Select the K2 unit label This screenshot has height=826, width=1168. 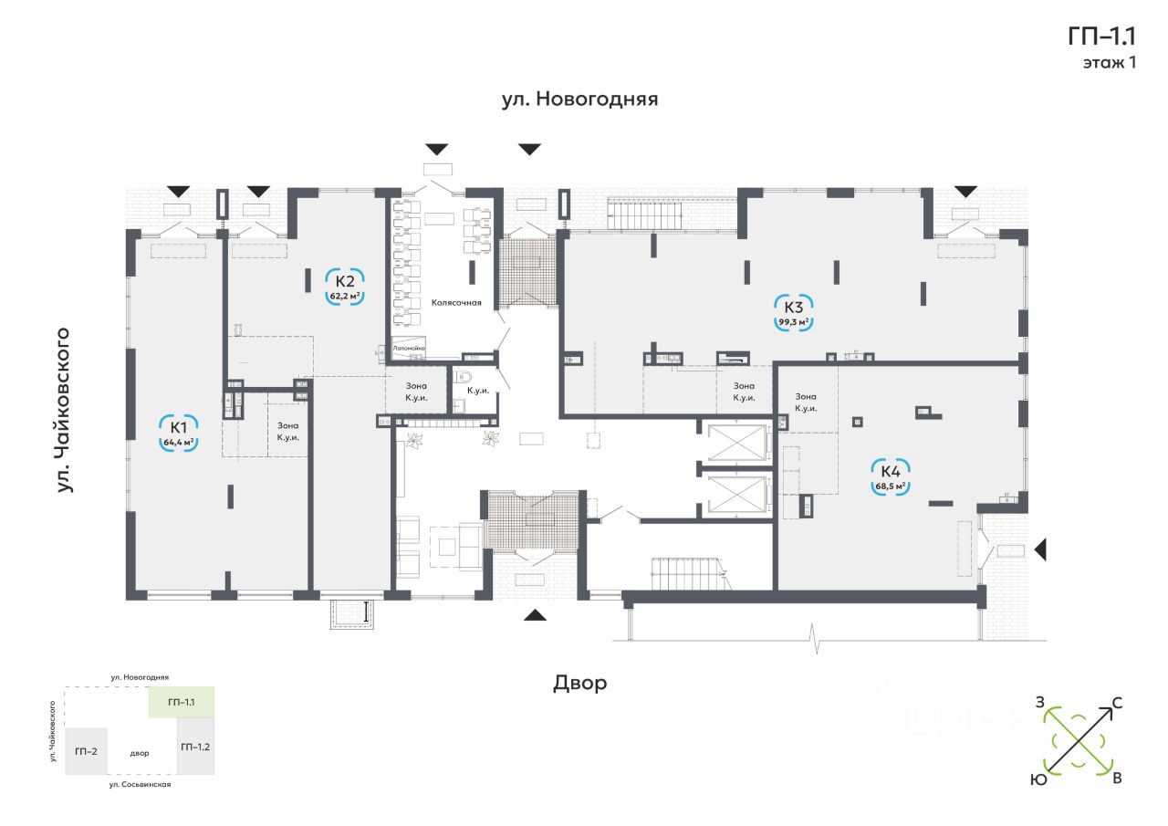345,280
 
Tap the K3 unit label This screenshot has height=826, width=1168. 793,306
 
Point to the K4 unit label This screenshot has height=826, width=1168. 891,471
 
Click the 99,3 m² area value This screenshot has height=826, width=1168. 793,322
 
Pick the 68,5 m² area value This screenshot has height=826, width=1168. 891,486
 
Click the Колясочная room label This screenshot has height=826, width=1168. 456,302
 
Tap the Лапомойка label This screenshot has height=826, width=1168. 410,349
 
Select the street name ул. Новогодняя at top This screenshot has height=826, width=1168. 579,99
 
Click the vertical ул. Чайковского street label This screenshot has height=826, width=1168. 64,409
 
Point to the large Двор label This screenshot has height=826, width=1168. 579,683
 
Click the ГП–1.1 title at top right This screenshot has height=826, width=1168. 1101,36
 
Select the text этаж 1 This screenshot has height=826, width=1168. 1109,63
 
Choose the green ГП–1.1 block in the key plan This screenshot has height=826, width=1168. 182,702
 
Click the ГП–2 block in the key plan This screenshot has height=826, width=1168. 87,750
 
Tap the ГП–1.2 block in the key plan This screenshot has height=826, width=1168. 195,748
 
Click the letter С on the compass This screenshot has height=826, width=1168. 1117,704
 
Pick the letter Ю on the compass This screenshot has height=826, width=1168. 1038,779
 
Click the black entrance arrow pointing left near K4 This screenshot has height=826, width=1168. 1040,549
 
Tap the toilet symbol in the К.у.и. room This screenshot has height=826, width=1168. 464,376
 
